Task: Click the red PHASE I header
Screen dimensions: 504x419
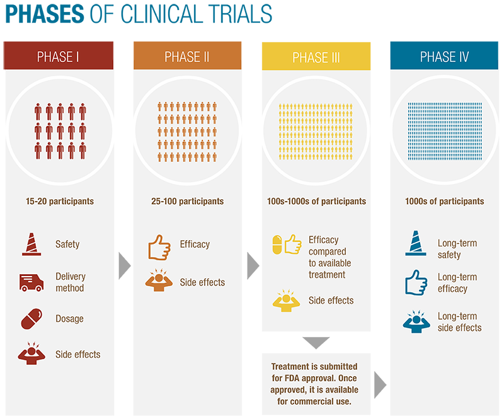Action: pyautogui.click(x=59, y=55)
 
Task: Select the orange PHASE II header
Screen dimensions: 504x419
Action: pyautogui.click(x=187, y=55)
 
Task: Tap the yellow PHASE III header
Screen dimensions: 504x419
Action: pyautogui.click(x=316, y=55)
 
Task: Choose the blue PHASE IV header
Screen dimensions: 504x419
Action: pyautogui.click(x=444, y=55)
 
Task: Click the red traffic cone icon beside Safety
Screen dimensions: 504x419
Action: pyautogui.click(x=31, y=244)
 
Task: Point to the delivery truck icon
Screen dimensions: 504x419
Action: pyautogui.click(x=31, y=283)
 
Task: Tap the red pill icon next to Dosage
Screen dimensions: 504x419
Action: pyautogui.click(x=31, y=319)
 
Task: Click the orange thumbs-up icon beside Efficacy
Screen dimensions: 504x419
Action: pyautogui.click(x=159, y=247)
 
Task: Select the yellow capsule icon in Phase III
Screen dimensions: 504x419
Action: pyautogui.click(x=277, y=244)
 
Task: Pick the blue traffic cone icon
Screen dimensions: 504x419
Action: pyautogui.click(x=416, y=243)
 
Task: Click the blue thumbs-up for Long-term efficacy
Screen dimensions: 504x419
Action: pyautogui.click(x=416, y=282)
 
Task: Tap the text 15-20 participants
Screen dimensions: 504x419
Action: pyautogui.click(x=60, y=201)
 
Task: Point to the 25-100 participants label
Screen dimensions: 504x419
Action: pyautogui.click(x=187, y=201)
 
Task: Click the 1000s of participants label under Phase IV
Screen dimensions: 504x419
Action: pyautogui.click(x=445, y=201)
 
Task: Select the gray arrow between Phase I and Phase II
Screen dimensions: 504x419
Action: pyautogui.click(x=123, y=266)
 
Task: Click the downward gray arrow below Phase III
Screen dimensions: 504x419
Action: pyautogui.click(x=316, y=342)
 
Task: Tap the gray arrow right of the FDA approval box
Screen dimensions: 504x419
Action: pyautogui.click(x=379, y=385)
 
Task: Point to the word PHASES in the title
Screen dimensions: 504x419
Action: pyautogui.click(x=45, y=14)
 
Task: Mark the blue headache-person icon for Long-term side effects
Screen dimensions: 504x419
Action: pyautogui.click(x=416, y=321)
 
